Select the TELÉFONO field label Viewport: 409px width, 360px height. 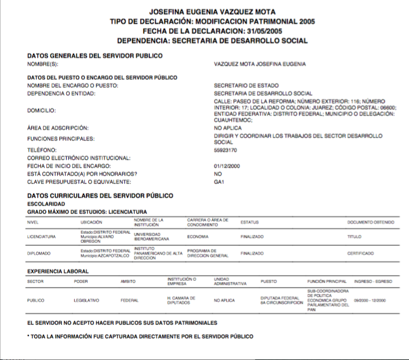click(41, 150)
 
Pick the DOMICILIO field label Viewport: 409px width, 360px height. click(41, 110)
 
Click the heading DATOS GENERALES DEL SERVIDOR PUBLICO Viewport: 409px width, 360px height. click(94, 55)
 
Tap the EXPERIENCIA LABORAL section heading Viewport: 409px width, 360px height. click(58, 271)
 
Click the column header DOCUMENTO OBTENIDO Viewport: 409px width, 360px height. click(371, 222)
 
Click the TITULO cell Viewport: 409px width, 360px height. click(354, 237)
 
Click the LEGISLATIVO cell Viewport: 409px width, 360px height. click(87, 300)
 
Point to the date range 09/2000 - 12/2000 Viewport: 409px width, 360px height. click(369, 300)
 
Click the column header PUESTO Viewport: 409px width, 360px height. click(268, 281)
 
